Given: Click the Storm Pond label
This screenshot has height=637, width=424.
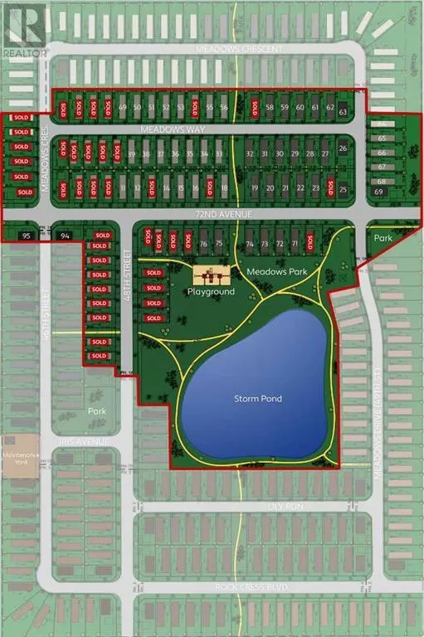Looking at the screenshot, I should pos(258,399).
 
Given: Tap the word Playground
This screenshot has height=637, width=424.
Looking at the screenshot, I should pos(211,292).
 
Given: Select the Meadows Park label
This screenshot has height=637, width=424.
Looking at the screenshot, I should pos(270,271).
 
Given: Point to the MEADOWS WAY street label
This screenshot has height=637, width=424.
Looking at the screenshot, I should pos(197,129).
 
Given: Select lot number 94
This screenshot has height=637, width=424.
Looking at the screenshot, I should pos(66,236).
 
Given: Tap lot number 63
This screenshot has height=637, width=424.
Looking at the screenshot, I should pos(343,111).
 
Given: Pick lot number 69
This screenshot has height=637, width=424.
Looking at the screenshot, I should pos(379,192).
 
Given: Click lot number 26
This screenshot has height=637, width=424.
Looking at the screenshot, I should pos(344,148).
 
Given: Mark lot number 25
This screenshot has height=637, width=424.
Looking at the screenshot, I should pos(344,189).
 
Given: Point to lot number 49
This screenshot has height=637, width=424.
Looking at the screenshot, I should pos(123,108).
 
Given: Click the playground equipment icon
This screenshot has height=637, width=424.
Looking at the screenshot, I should pos(212,276).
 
